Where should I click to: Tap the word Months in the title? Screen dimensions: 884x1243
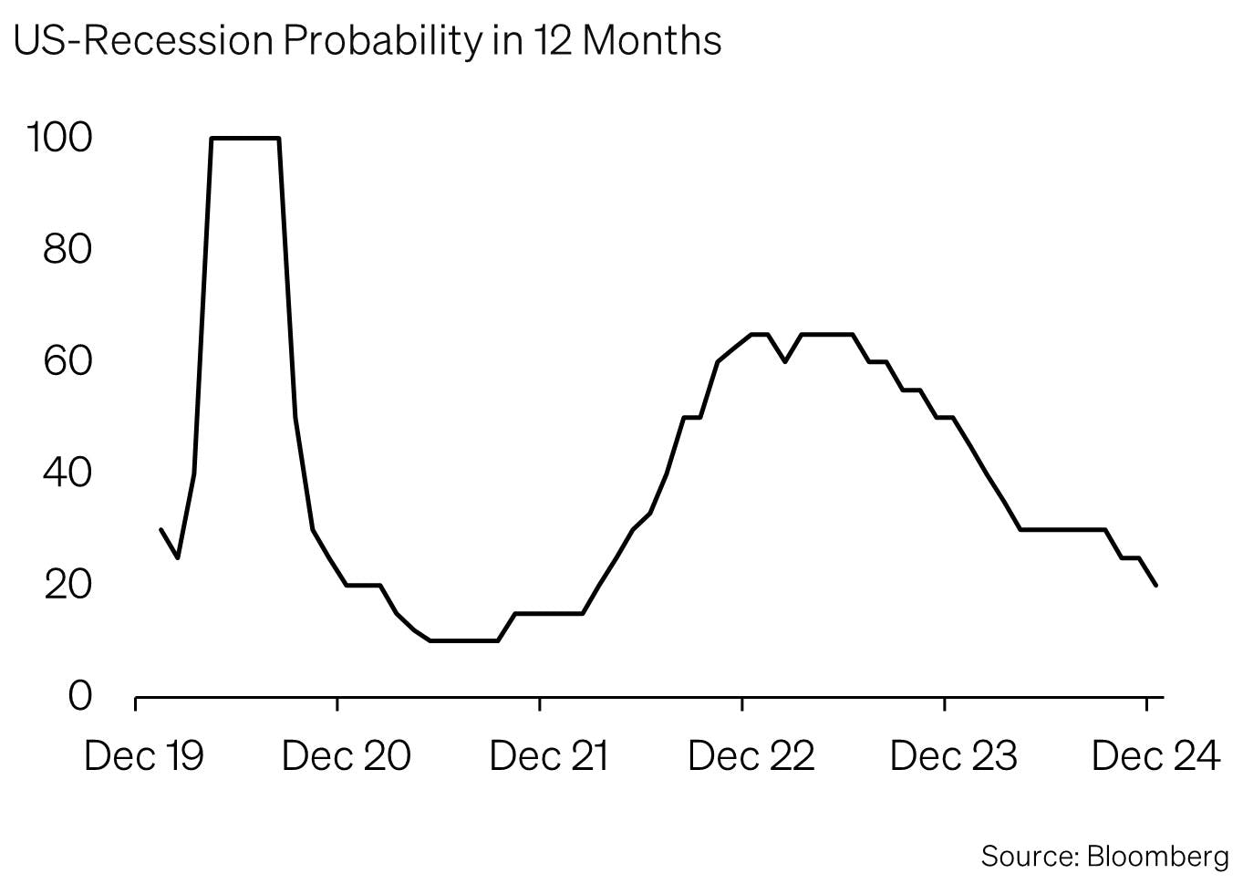[651, 40]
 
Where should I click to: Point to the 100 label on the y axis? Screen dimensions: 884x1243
[60, 139]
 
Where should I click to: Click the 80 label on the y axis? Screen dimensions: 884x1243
[68, 249]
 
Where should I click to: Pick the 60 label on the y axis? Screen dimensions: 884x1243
[68, 361]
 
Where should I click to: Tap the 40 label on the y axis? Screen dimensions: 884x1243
[68, 473]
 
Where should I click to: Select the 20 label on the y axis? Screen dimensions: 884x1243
[68, 584]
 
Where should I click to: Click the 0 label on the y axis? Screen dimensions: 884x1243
[80, 696]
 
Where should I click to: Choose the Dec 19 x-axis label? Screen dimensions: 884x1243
[143, 756]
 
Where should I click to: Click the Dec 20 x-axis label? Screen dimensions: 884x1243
[347, 756]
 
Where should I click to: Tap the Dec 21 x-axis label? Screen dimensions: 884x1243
[548, 756]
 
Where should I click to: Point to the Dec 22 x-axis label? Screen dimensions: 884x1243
[751, 756]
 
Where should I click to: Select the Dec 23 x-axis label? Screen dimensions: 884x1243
[953, 756]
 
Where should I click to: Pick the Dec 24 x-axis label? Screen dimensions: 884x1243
[1155, 756]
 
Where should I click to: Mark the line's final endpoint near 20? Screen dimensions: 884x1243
[1156, 585]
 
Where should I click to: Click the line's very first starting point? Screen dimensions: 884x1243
[161, 529]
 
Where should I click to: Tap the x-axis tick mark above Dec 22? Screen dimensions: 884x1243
[742, 703]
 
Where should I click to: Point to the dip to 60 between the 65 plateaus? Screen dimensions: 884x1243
[785, 361]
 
